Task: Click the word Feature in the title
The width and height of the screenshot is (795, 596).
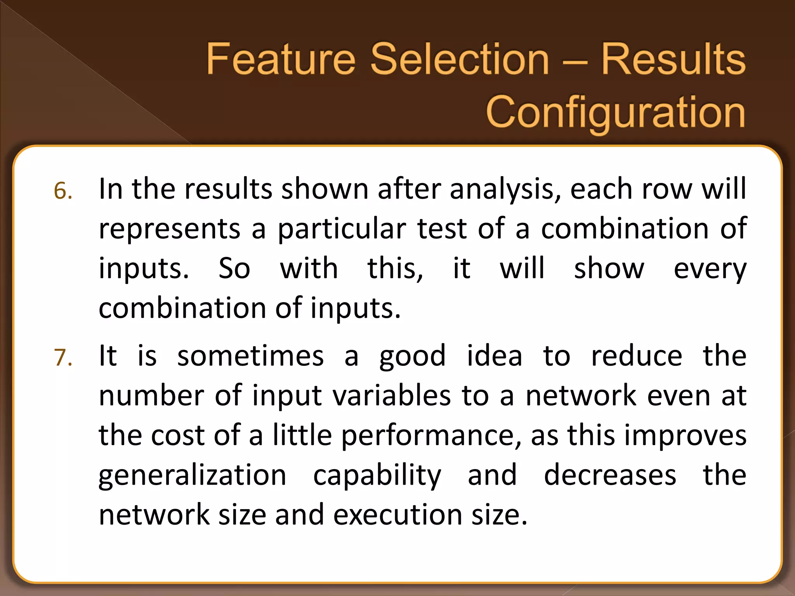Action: point(281,59)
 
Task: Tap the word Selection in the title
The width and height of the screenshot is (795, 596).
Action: point(460,59)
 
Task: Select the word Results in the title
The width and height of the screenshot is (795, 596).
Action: point(673,59)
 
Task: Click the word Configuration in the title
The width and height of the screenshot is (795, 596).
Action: point(616,113)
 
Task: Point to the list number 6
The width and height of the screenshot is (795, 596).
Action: point(63,191)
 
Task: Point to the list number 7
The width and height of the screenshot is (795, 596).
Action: point(63,357)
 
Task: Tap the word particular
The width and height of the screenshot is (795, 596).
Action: point(342,229)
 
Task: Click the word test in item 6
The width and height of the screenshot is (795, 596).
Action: point(442,229)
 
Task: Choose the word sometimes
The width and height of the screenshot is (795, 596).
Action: point(250,356)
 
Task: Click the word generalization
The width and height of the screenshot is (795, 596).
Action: point(193,476)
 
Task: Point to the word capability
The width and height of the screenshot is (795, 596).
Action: point(377,476)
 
